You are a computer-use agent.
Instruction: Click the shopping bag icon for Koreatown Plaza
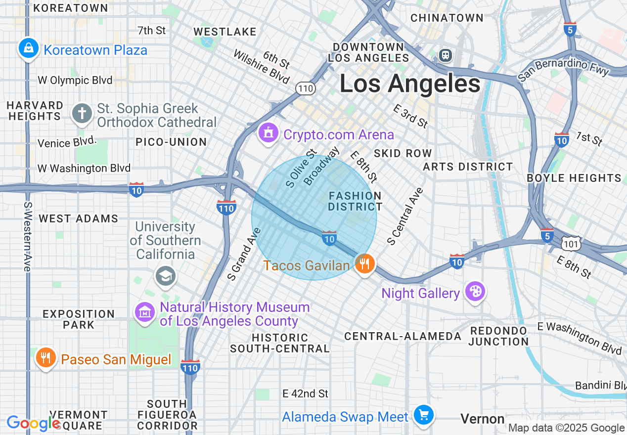(29, 48)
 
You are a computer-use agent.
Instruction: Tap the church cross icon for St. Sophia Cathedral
(82, 114)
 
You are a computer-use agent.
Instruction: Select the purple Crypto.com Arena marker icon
(269, 133)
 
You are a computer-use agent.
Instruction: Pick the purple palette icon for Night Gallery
(475, 292)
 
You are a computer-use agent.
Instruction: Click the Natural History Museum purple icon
(145, 311)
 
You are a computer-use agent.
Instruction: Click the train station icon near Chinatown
(446, 55)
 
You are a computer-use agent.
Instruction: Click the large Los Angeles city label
(410, 84)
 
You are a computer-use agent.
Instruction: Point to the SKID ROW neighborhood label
(403, 153)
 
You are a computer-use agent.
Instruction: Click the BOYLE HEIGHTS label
(574, 178)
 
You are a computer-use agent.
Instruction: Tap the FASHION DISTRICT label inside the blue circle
(355, 201)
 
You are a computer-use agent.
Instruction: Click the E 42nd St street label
(305, 393)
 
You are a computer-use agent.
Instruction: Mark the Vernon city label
(482, 419)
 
